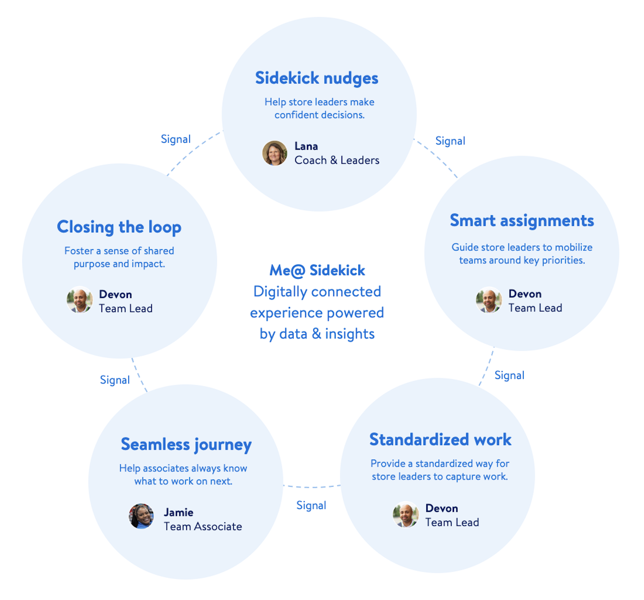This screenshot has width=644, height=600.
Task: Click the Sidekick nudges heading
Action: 316,78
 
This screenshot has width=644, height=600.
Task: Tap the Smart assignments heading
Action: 521,220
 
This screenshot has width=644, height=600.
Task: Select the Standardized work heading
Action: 440,439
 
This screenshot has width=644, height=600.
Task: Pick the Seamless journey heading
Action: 186,444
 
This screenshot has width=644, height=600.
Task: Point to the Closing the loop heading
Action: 119,227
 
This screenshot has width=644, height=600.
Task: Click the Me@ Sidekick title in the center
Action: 317,270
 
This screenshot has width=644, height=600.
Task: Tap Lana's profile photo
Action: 274,153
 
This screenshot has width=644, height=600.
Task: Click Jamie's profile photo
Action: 141,516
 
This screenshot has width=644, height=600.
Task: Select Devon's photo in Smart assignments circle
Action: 488,300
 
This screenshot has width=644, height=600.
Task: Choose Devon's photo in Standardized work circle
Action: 405,514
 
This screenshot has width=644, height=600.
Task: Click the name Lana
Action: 306,146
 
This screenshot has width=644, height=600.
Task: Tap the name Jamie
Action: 178,512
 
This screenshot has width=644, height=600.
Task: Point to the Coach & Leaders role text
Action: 336,160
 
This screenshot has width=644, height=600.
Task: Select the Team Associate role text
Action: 203,526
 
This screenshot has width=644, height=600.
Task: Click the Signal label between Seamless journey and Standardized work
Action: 311,505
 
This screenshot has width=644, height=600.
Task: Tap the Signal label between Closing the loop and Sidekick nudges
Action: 176,139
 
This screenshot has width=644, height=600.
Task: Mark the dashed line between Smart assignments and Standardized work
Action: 487,366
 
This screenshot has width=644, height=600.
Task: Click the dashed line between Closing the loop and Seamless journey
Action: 139,375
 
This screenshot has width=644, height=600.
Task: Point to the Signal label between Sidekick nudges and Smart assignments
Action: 450,141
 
